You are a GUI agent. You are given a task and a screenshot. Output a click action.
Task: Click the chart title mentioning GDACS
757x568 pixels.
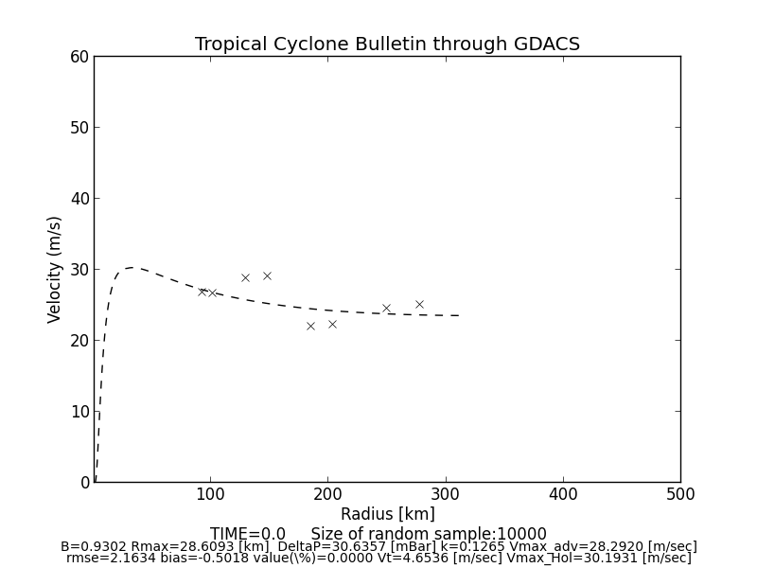coord(387,44)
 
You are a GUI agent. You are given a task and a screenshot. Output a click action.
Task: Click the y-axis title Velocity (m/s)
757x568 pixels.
coord(55,269)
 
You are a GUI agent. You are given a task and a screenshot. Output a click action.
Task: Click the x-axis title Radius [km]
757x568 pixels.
coord(387,514)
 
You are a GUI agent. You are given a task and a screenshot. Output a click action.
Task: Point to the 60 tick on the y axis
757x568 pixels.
coord(79,57)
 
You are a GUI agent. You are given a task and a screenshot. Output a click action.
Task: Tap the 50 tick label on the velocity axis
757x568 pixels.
coord(79,128)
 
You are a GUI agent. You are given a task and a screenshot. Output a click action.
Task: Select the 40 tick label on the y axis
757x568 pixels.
coord(79,199)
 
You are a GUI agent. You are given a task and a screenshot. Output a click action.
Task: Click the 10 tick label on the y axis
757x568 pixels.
coord(79,412)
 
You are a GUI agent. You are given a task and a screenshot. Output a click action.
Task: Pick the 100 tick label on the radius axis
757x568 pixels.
coord(210,494)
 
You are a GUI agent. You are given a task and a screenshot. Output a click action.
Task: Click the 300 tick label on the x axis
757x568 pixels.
coord(445,494)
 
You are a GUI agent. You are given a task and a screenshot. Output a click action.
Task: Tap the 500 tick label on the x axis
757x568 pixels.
coord(679,494)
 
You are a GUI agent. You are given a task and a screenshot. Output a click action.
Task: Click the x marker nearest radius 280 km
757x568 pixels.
coord(419,304)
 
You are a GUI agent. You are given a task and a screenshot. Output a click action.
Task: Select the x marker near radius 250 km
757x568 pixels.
coord(386,308)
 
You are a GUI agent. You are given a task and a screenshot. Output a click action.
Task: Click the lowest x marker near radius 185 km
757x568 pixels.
coord(310,326)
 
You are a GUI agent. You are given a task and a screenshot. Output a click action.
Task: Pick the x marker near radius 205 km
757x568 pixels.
coord(332,324)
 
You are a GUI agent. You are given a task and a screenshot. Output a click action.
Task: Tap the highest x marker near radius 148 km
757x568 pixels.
coord(267,275)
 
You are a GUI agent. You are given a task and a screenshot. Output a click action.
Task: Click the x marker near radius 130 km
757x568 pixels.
coord(245,277)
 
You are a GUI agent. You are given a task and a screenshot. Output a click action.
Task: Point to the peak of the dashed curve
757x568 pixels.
coord(130,268)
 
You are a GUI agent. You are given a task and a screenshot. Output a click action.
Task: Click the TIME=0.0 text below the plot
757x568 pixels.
coord(248,534)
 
